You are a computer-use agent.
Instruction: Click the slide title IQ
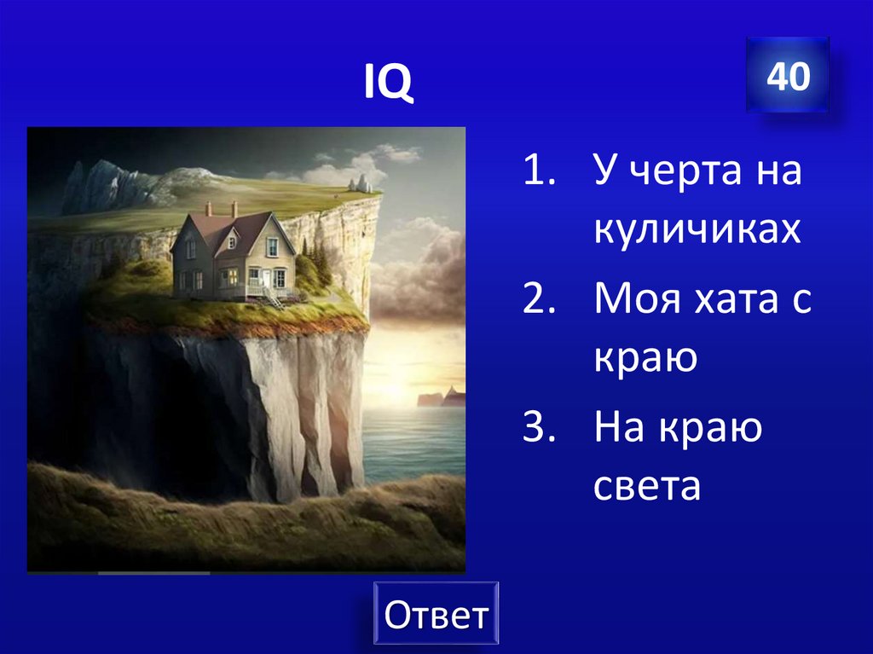[389, 82]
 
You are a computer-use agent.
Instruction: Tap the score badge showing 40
[787, 77]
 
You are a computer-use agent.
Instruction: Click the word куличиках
[697, 229]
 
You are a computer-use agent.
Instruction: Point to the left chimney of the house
[208, 209]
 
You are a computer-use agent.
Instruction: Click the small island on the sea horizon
[440, 396]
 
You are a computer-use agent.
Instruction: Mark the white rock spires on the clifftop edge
[362, 183]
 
